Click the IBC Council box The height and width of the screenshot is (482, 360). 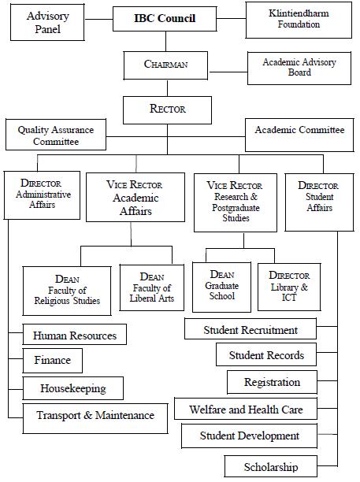[x=165, y=19]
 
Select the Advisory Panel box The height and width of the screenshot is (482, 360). [x=47, y=22]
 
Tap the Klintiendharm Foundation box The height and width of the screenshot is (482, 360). [x=299, y=20]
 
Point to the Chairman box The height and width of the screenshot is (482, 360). [x=165, y=65]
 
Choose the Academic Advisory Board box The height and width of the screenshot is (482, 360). [x=299, y=69]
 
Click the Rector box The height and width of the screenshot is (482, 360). [x=167, y=110]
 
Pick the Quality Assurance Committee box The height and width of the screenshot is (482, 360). [x=56, y=135]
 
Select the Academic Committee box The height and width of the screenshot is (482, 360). [x=299, y=135]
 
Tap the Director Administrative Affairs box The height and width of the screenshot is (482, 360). [x=42, y=195]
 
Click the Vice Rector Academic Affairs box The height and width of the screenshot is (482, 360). [x=135, y=197]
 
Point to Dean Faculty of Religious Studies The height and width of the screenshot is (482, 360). [x=67, y=291]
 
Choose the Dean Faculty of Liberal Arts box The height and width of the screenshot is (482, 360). [x=152, y=287]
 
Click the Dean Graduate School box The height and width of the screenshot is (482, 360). [x=221, y=287]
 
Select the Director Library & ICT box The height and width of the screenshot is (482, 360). [x=289, y=287]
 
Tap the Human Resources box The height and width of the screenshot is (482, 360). [x=74, y=334]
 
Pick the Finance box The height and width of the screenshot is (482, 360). [x=53, y=361]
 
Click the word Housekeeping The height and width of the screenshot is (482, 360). [x=73, y=388]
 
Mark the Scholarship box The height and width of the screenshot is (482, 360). [x=271, y=466]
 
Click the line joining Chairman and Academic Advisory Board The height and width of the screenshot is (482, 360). [x=228, y=72]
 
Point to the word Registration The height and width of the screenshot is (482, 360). [x=272, y=383]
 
